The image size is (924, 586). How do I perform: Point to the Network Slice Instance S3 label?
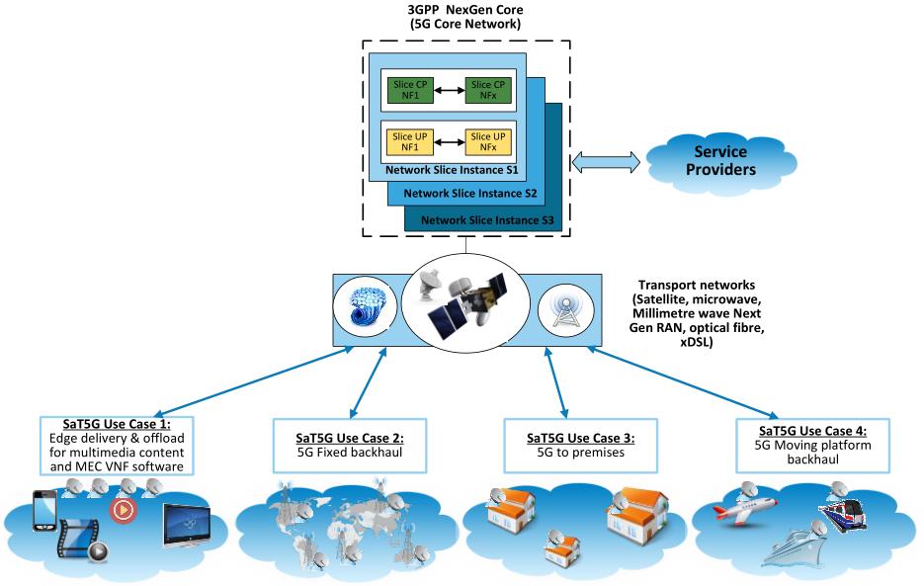485,219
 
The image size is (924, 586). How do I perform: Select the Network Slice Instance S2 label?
469,193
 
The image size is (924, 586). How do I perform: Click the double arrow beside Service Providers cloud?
608,160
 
